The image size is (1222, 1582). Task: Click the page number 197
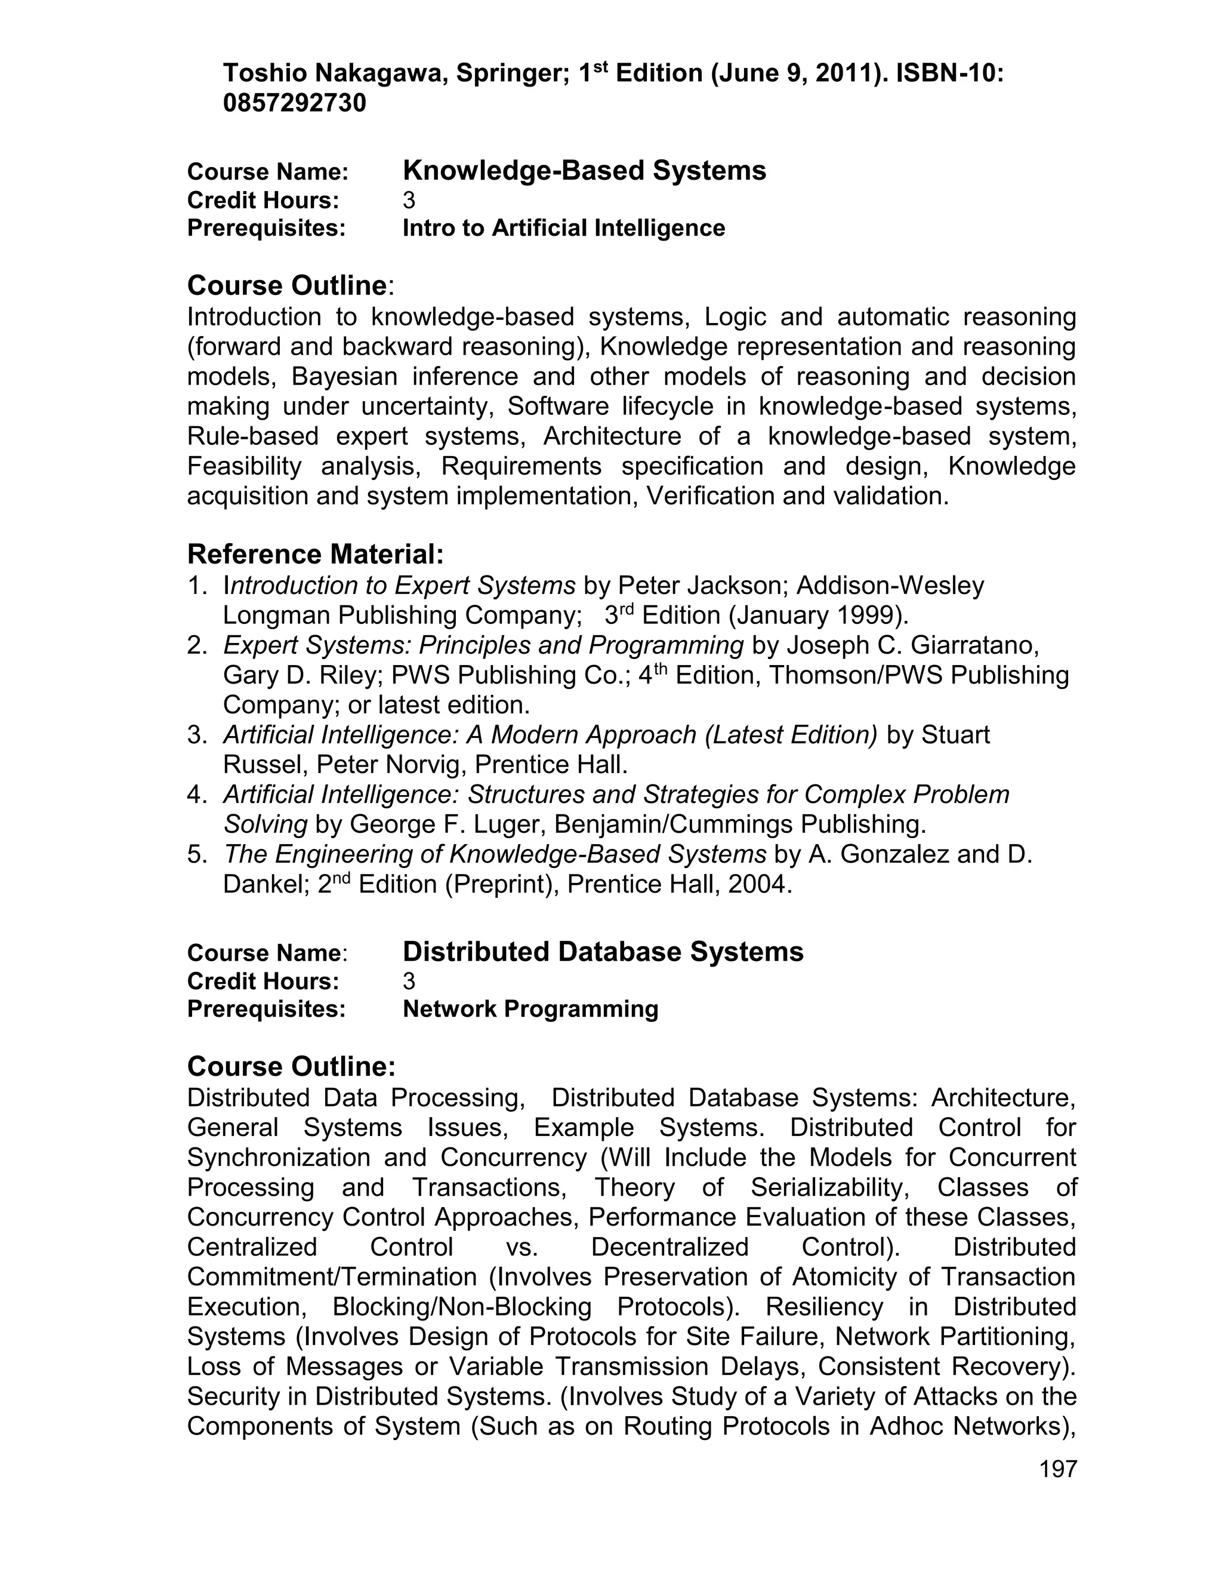click(1058, 1469)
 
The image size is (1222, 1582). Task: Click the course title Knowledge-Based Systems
click(584, 171)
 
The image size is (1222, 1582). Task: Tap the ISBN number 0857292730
click(295, 104)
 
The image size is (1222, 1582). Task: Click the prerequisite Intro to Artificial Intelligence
click(563, 228)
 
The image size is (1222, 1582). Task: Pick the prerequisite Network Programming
click(530, 1009)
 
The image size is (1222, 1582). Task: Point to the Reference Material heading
click(315, 555)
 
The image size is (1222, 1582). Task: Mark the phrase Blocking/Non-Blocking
click(462, 1307)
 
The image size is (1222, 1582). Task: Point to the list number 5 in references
click(196, 855)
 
